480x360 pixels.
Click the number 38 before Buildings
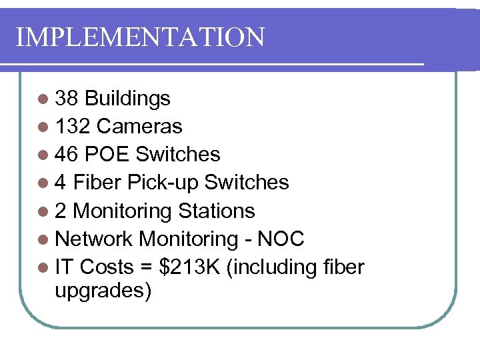(x=67, y=99)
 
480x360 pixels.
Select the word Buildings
(x=128, y=99)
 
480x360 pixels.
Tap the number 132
(x=73, y=127)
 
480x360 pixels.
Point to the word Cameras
(x=139, y=127)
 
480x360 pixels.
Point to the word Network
(x=94, y=239)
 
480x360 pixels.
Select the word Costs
(x=107, y=267)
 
